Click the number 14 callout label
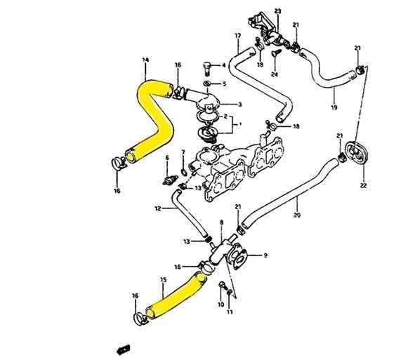(145, 61)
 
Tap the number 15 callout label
(162, 279)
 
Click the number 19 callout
(334, 107)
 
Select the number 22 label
(363, 186)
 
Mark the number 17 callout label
(237, 35)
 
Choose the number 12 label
(158, 208)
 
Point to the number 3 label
(239, 105)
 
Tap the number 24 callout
(275, 74)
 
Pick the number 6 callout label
(167, 159)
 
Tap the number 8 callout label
(221, 222)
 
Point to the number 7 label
(183, 152)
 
